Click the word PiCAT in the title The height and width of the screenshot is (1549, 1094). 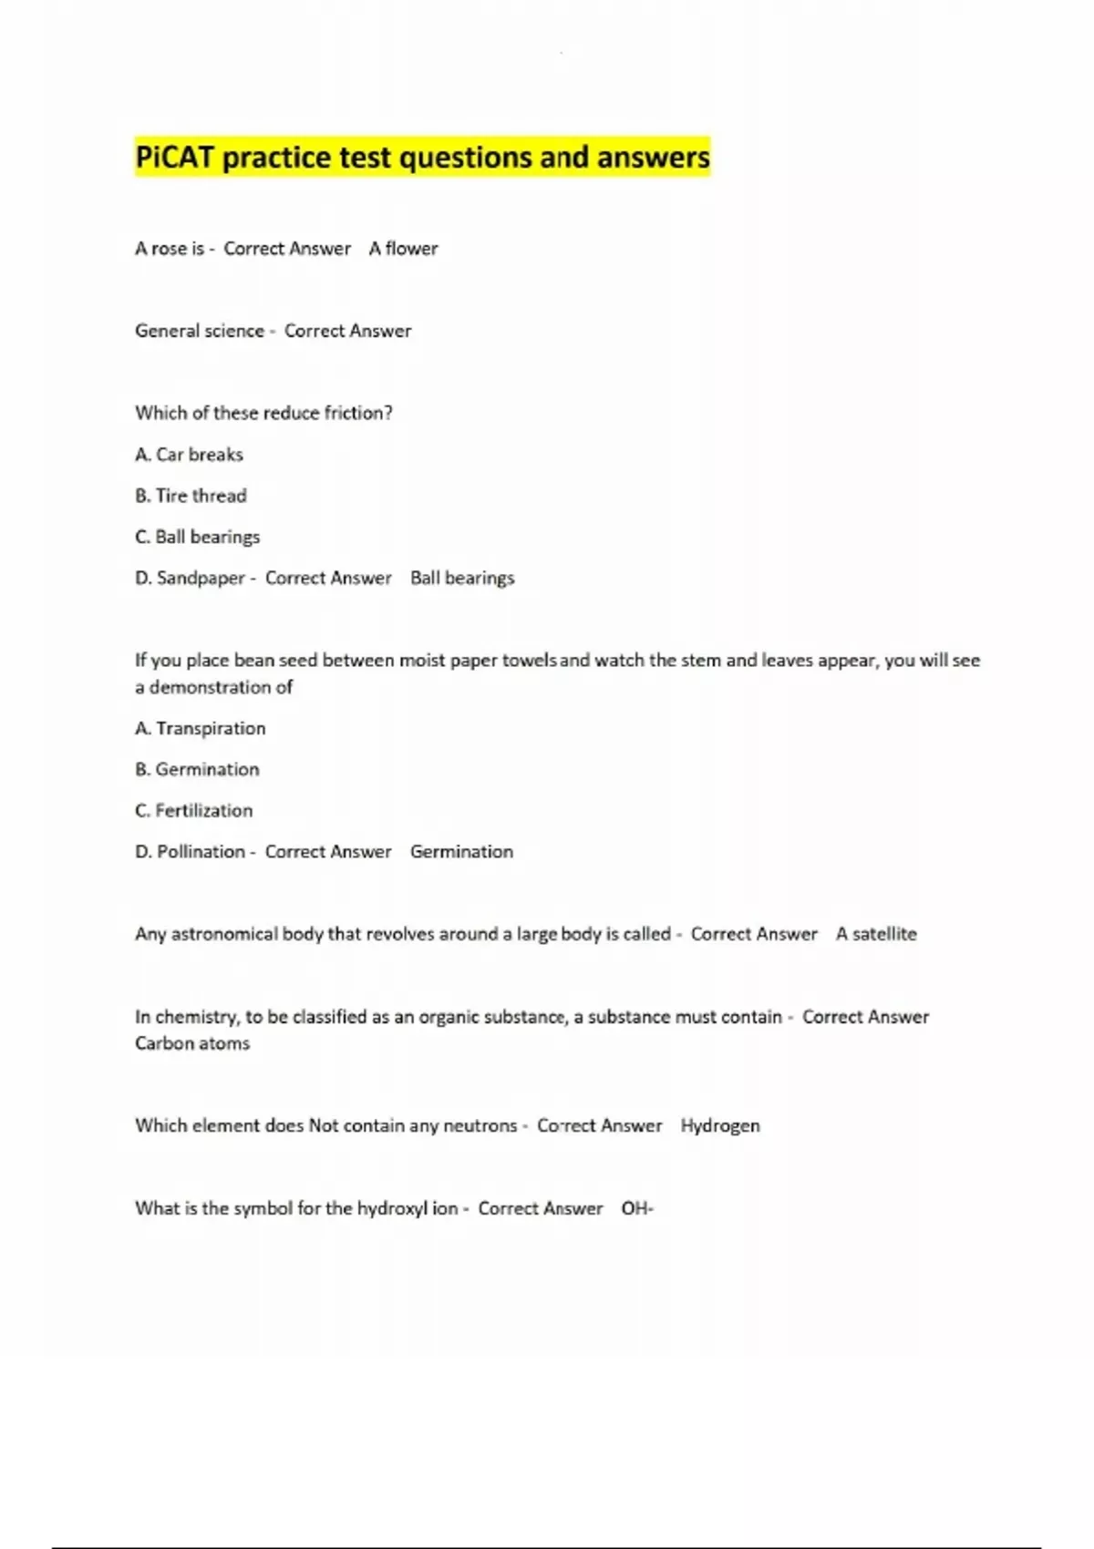174,158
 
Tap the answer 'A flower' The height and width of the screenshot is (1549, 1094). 403,249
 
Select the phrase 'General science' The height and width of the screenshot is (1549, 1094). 200,331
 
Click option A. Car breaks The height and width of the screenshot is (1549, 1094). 189,455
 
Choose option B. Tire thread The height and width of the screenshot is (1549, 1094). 191,496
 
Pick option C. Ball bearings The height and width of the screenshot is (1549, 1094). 197,537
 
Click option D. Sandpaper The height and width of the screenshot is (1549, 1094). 190,579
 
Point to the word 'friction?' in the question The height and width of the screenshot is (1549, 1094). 358,413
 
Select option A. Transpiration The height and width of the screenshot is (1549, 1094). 201,728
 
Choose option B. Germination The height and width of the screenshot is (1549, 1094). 197,769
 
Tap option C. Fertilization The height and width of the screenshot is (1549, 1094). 194,810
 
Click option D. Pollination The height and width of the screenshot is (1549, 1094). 190,852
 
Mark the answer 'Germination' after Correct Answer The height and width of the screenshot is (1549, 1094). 461,852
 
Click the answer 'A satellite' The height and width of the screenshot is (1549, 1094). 876,934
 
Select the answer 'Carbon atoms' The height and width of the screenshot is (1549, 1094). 192,1043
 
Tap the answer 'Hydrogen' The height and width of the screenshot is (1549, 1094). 719,1126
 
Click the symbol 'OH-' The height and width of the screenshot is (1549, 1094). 637,1208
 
